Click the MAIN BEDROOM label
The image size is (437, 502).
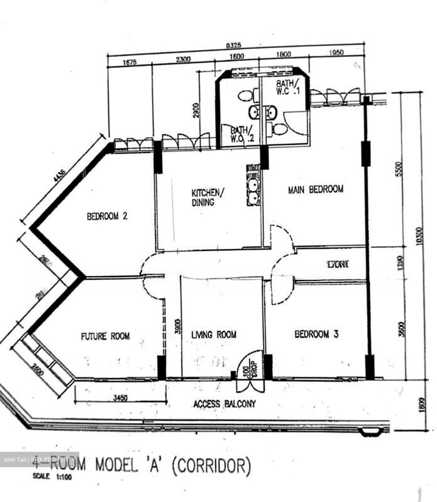(316, 189)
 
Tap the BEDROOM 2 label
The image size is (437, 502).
(107, 216)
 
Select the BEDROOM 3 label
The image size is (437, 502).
(316, 334)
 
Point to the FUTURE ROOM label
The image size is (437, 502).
(105, 336)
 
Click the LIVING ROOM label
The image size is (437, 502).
(214, 335)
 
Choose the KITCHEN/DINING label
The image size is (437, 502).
(206, 197)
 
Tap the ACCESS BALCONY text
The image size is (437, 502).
(224, 404)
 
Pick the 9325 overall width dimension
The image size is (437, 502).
(234, 45)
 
